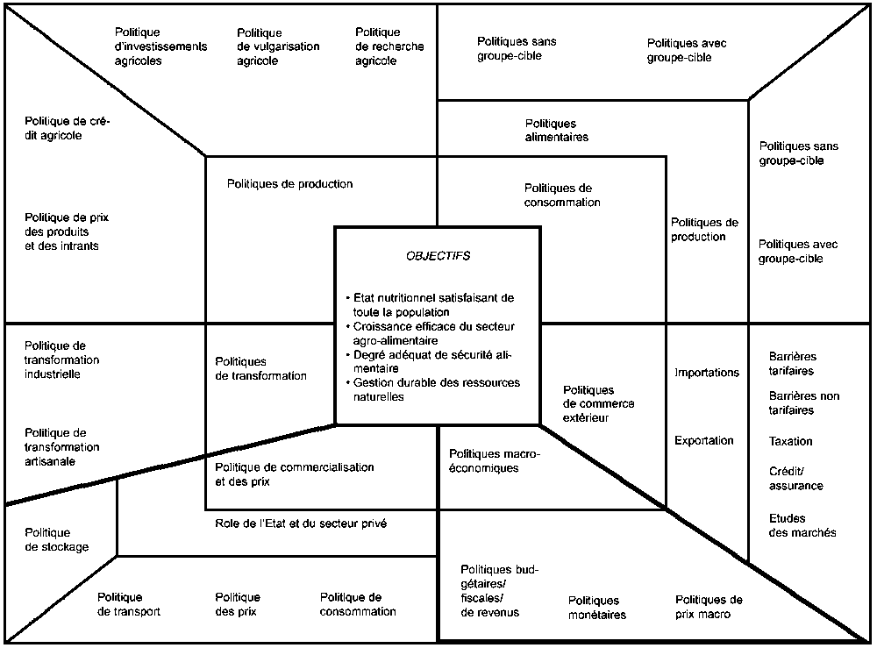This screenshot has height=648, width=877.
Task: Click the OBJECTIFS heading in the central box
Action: click(438, 256)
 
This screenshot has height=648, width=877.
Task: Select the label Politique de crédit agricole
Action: click(68, 129)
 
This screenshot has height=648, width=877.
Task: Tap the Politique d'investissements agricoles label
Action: click(161, 46)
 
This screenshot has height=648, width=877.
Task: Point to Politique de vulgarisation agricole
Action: click(278, 46)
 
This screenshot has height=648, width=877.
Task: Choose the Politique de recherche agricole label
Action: click(389, 46)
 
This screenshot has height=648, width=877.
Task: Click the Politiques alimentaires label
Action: click(557, 131)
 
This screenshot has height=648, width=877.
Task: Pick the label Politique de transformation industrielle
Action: click(62, 360)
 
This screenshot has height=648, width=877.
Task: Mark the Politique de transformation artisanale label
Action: click(62, 446)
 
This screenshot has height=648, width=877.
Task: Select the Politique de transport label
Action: click(129, 604)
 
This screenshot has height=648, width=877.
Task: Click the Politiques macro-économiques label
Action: click(496, 460)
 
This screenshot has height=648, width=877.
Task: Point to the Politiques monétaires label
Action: click(596, 608)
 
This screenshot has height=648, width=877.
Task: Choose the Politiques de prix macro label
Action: click(709, 607)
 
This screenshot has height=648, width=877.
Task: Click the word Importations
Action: click(707, 373)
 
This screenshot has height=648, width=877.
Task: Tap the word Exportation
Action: click(704, 440)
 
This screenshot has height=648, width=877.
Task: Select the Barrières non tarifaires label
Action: click(803, 403)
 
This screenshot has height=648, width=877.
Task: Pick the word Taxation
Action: click(791, 441)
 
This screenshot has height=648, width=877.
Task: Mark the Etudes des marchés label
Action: click(802, 525)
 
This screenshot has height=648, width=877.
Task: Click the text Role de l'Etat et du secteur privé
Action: click(301, 523)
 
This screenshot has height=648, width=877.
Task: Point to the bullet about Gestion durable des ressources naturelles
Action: click(433, 389)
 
